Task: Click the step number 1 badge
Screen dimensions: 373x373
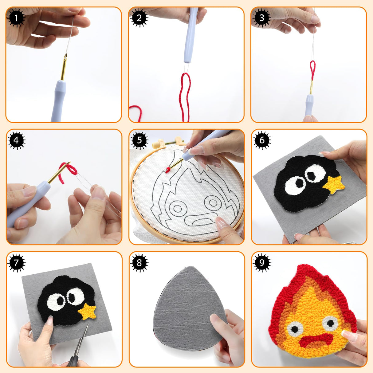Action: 16,18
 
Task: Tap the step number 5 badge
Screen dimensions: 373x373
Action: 139,140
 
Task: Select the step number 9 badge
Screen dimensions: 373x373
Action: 261,263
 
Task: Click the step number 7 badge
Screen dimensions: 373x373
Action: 16,263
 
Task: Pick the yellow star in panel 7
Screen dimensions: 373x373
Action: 88,312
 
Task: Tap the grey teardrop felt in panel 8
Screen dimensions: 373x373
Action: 187,307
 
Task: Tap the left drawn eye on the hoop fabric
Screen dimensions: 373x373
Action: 177,209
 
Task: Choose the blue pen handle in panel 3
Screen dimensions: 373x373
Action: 309,104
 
